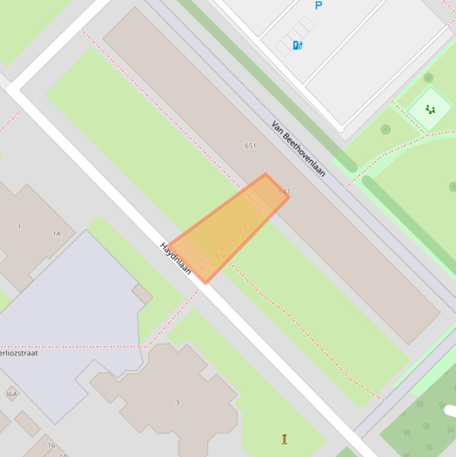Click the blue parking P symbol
click(x=318, y=5)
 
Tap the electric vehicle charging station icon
click(x=298, y=45)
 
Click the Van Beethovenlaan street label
click(x=298, y=148)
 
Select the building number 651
click(x=250, y=145)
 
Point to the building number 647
click(x=285, y=192)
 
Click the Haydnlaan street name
click(x=176, y=258)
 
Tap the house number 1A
click(x=56, y=234)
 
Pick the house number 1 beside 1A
click(x=20, y=227)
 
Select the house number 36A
click(x=11, y=394)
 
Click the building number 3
click(x=177, y=402)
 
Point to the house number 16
click(x=51, y=445)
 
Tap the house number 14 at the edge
click(x=62, y=455)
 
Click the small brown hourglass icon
click(x=285, y=439)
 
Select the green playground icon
click(x=430, y=109)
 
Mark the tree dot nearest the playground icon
click(x=429, y=78)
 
